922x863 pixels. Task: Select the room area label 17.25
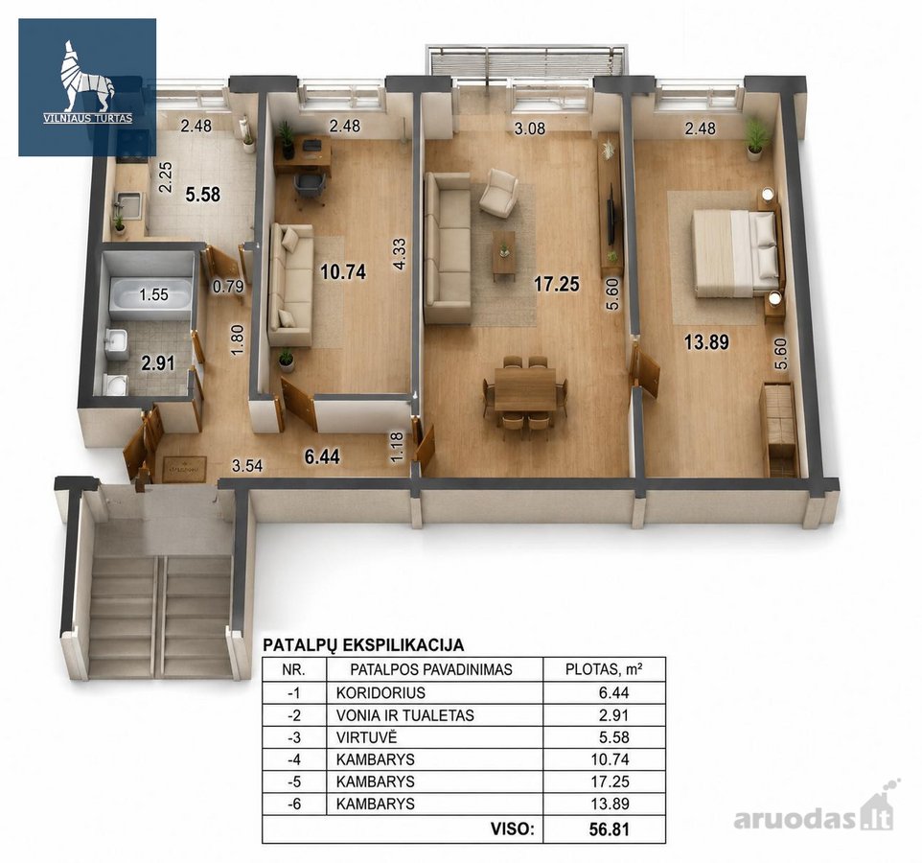click(x=556, y=284)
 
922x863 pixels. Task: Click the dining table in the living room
click(x=524, y=389)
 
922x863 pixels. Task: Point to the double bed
click(x=733, y=253)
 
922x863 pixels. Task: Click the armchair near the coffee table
click(x=498, y=194)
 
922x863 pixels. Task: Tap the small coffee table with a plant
click(x=504, y=255)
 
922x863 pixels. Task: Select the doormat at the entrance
click(x=184, y=469)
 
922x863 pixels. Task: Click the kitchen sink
click(x=128, y=206)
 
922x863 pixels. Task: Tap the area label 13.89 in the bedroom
click(x=706, y=341)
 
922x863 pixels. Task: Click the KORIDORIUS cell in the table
click(x=380, y=693)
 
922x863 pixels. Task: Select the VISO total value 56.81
click(x=610, y=829)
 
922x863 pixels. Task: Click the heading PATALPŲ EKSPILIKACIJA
click(x=363, y=644)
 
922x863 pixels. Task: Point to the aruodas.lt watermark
click(x=814, y=815)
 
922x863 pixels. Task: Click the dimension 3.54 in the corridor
click(x=247, y=467)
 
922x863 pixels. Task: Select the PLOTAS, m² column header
click(x=603, y=669)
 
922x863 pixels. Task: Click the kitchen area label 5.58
click(x=203, y=194)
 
